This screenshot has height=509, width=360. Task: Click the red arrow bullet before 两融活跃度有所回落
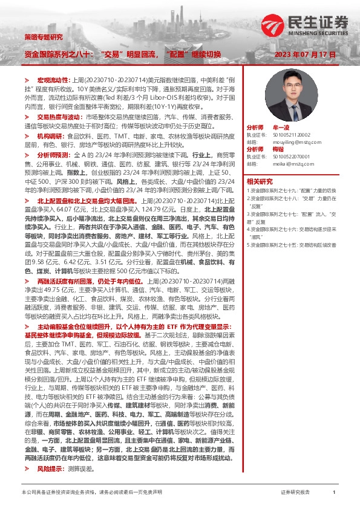pyautogui.click(x=26, y=264)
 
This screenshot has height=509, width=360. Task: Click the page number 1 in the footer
pyautogui.click(x=334, y=493)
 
